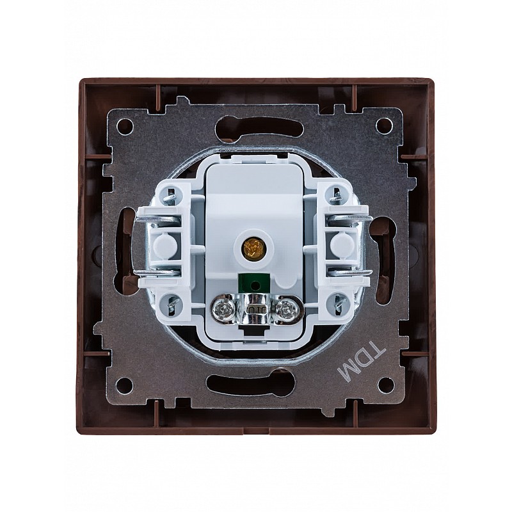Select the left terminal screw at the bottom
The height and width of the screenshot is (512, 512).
(x=221, y=308)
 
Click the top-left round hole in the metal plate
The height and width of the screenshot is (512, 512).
(x=125, y=124)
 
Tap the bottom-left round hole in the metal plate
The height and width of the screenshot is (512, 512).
(x=125, y=385)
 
